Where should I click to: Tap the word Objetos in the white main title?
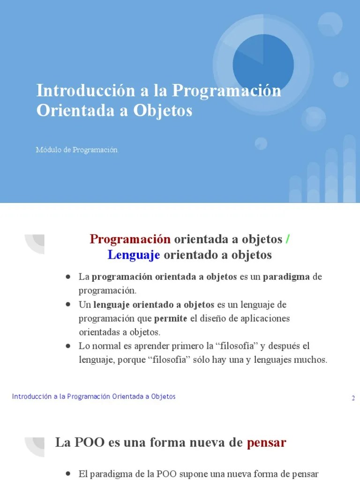tap(163, 111)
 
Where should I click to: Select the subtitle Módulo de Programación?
tap(76, 150)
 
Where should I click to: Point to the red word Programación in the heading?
tap(130, 239)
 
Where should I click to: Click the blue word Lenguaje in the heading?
tap(134, 255)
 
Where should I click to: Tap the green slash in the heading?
tap(287, 239)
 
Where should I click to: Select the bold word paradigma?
tap(286, 277)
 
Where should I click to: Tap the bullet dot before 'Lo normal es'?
tap(68, 346)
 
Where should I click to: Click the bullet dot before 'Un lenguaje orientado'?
tap(68, 305)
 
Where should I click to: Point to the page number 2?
tap(353, 398)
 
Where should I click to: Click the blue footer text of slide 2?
tap(94, 397)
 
